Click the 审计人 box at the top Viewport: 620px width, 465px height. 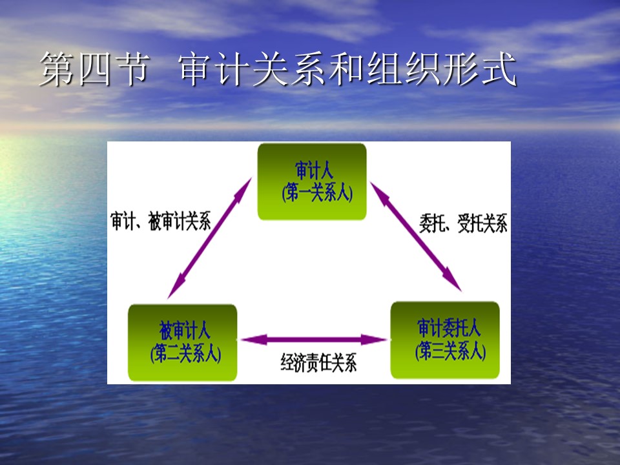tap(312, 181)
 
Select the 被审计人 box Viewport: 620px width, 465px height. tap(183, 342)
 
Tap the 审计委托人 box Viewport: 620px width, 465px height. tap(445, 340)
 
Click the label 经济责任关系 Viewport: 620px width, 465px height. tap(318, 362)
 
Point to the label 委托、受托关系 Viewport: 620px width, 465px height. tap(463, 223)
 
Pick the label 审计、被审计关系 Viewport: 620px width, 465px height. tap(161, 221)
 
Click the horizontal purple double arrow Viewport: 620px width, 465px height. tap(314, 339)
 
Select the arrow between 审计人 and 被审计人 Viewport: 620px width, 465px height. tap(209, 238)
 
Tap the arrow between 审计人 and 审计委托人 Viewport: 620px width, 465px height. tap(415, 236)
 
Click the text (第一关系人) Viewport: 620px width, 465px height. tap(317, 193)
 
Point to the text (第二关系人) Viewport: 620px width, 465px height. tap(185, 353)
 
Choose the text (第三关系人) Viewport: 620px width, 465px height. tap(450, 351)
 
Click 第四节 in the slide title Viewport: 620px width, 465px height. tap(94, 69)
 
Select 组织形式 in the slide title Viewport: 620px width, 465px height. tap(442, 69)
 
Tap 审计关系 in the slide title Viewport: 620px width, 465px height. tap(253, 69)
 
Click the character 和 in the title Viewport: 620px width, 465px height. tap(347, 69)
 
